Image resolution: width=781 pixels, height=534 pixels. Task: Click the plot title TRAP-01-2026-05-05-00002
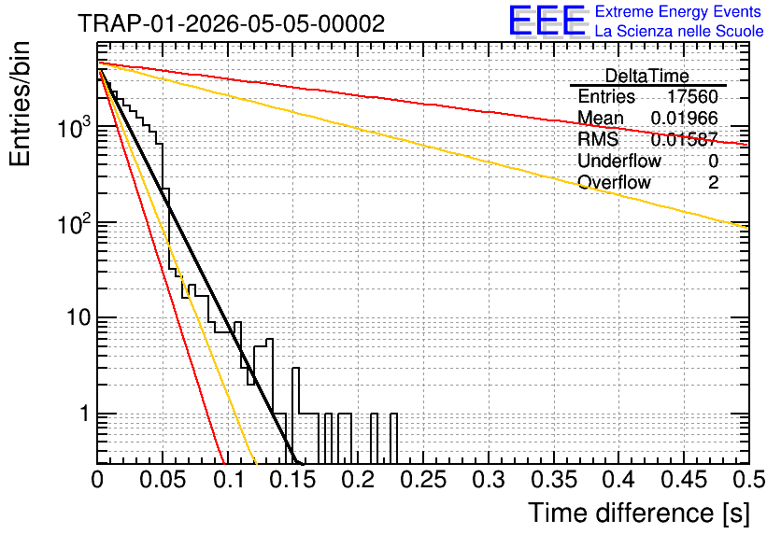[231, 23]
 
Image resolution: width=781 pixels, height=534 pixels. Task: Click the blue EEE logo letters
[547, 21]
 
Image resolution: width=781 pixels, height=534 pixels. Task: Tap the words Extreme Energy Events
[678, 11]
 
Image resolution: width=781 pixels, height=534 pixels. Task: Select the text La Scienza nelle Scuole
[679, 31]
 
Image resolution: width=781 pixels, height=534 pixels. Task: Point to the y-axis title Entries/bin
[20, 104]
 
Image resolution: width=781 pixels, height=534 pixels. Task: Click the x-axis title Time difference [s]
[639, 513]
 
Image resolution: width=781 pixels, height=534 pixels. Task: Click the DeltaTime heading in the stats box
[647, 76]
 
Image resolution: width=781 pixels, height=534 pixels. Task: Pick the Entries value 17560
[692, 96]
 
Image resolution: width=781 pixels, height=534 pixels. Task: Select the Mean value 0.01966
[685, 118]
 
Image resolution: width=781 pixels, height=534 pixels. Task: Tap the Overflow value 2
[713, 183]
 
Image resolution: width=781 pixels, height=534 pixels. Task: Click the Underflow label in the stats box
[619, 161]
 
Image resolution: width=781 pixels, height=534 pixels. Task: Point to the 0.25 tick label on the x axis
[423, 480]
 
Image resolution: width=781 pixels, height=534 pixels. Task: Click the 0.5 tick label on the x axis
[748, 480]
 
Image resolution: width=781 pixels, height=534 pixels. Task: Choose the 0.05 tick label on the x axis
[163, 480]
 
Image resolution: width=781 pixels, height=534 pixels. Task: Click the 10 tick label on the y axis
[78, 317]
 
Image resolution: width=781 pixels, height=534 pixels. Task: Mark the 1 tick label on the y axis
[85, 414]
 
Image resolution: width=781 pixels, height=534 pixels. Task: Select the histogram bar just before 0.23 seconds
[393, 439]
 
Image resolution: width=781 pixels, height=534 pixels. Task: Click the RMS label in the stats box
[598, 139]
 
